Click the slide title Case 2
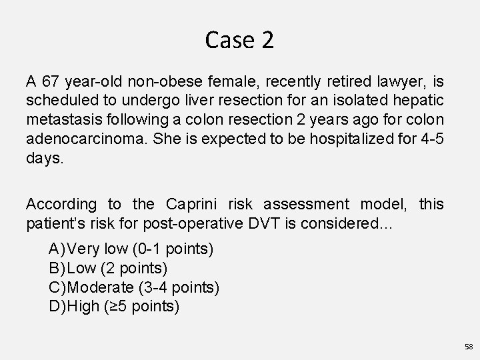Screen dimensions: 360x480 click(x=239, y=41)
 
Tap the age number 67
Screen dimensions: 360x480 click(x=51, y=83)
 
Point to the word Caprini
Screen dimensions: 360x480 click(x=195, y=205)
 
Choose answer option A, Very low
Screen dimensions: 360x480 click(x=131, y=249)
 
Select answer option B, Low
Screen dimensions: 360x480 click(x=108, y=269)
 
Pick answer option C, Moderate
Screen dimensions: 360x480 click(x=134, y=288)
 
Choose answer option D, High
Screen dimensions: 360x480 click(x=114, y=307)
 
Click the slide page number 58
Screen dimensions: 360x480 click(x=468, y=347)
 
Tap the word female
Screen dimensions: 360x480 click(x=225, y=83)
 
